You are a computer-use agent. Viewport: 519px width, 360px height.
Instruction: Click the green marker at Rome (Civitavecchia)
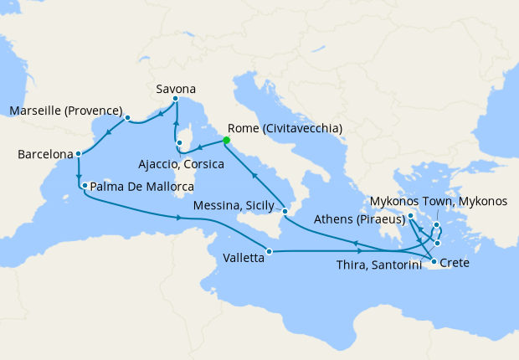pyautogui.click(x=227, y=141)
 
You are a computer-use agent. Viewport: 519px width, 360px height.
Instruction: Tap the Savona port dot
pyautogui.click(x=176, y=100)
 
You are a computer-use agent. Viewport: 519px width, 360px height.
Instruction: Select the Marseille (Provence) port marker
pyautogui.click(x=127, y=118)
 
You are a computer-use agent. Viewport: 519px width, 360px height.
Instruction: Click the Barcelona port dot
pyautogui.click(x=78, y=154)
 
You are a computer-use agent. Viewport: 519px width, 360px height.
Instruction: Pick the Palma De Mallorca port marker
pyautogui.click(x=85, y=185)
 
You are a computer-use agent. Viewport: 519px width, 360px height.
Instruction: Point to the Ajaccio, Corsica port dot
pyautogui.click(x=179, y=144)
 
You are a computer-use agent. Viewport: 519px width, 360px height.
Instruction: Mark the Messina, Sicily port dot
pyautogui.click(x=285, y=211)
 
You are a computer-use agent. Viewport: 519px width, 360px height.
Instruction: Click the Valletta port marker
pyautogui.click(x=269, y=250)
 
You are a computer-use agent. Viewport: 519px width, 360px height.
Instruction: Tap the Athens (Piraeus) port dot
pyautogui.click(x=411, y=218)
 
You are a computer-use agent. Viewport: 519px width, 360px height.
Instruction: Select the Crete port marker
pyautogui.click(x=434, y=263)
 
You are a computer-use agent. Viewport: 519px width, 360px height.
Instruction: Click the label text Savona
pyautogui.click(x=176, y=87)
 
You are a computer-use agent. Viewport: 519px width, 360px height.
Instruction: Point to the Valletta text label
pyautogui.click(x=244, y=259)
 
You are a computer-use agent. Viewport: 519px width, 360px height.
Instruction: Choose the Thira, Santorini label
pyautogui.click(x=382, y=265)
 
